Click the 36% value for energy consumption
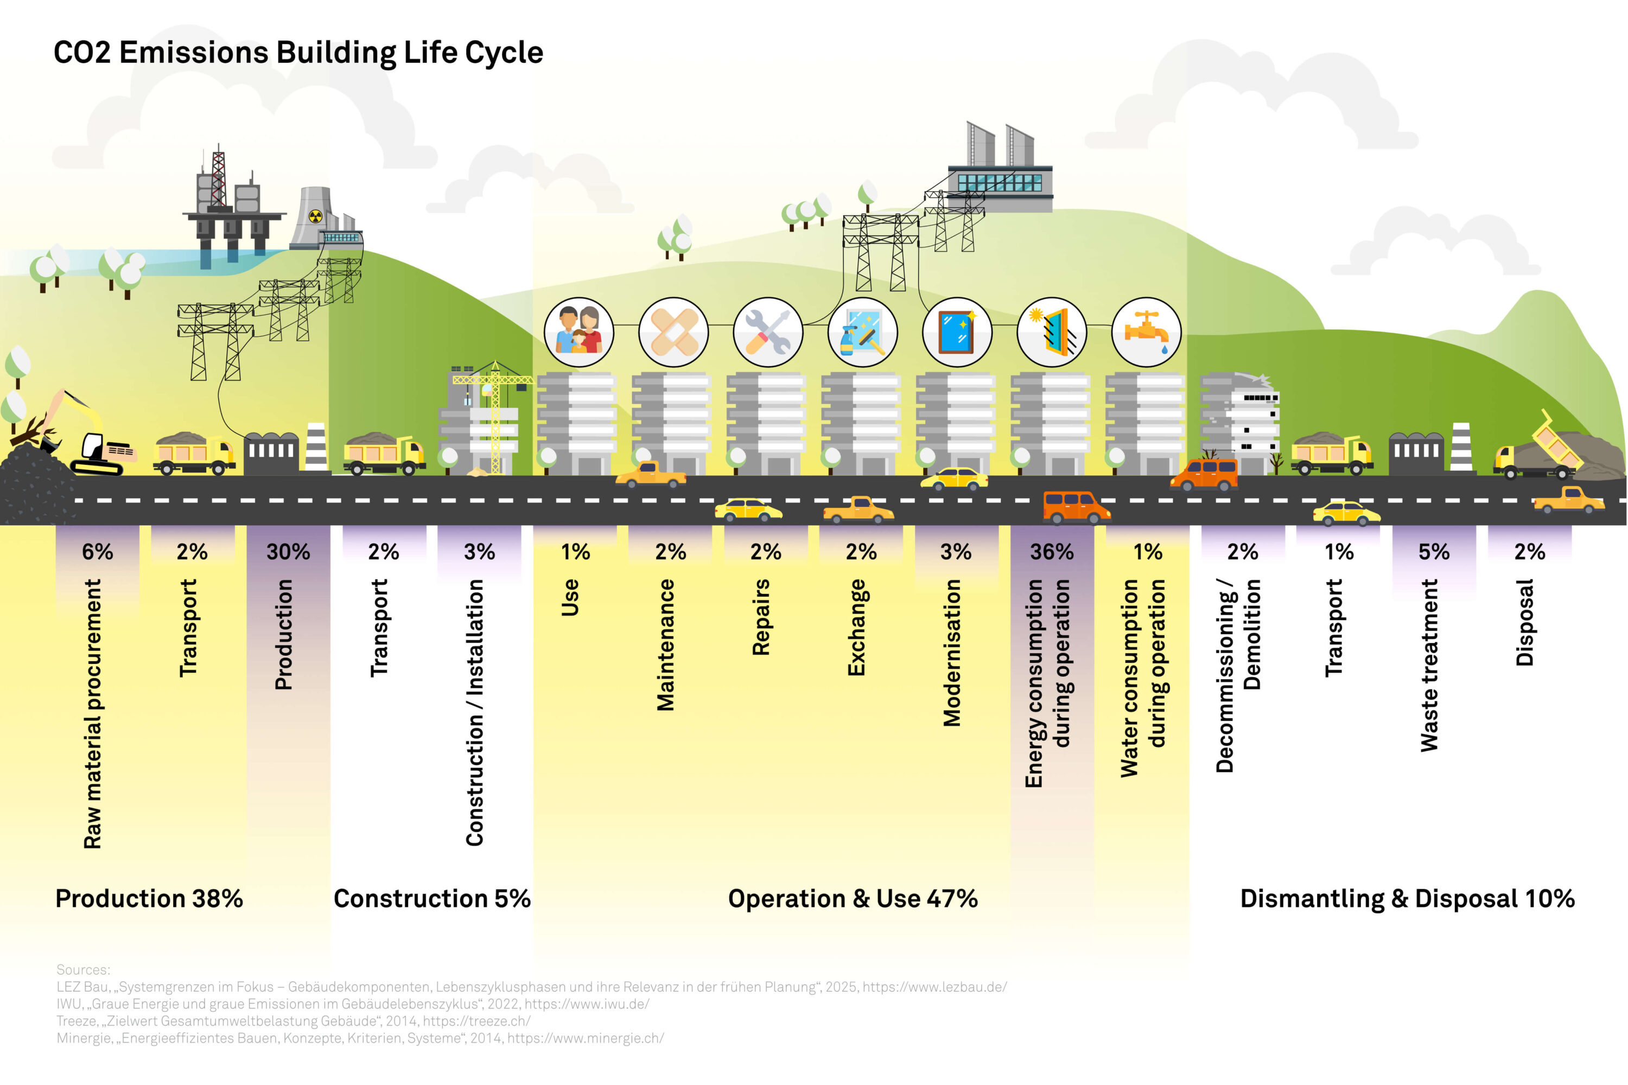pyautogui.click(x=1052, y=552)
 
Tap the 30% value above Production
pyautogui.click(x=288, y=552)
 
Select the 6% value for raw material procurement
pyautogui.click(x=97, y=552)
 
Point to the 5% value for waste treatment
pyautogui.click(x=1434, y=552)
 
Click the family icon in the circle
pyautogui.click(x=578, y=331)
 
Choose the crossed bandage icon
pyautogui.click(x=673, y=331)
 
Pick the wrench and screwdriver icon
pyautogui.click(x=768, y=331)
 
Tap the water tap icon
pyautogui.click(x=1146, y=331)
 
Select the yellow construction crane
pyautogui.click(x=495, y=415)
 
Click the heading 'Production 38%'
pyautogui.click(x=149, y=898)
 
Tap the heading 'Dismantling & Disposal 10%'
pyautogui.click(x=1407, y=898)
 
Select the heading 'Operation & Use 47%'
pyautogui.click(x=853, y=898)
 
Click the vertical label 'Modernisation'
pyautogui.click(x=952, y=653)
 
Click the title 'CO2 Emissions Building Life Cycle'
pyautogui.click(x=298, y=53)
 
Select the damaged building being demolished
pyautogui.click(x=1239, y=422)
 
